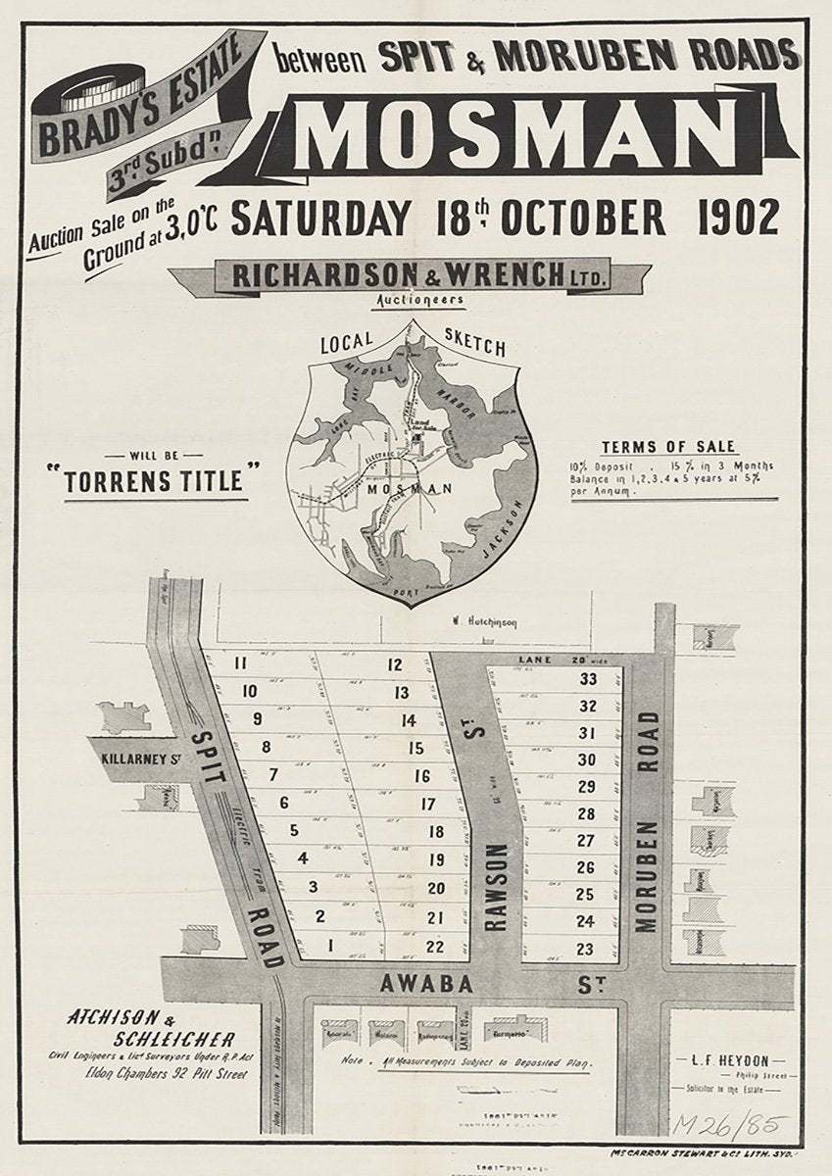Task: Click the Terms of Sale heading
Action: point(670,446)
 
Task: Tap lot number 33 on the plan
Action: point(588,680)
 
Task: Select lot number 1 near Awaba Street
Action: point(332,946)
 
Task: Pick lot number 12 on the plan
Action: point(395,665)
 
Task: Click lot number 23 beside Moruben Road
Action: point(586,949)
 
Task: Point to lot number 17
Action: point(426,805)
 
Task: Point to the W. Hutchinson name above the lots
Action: point(483,621)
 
